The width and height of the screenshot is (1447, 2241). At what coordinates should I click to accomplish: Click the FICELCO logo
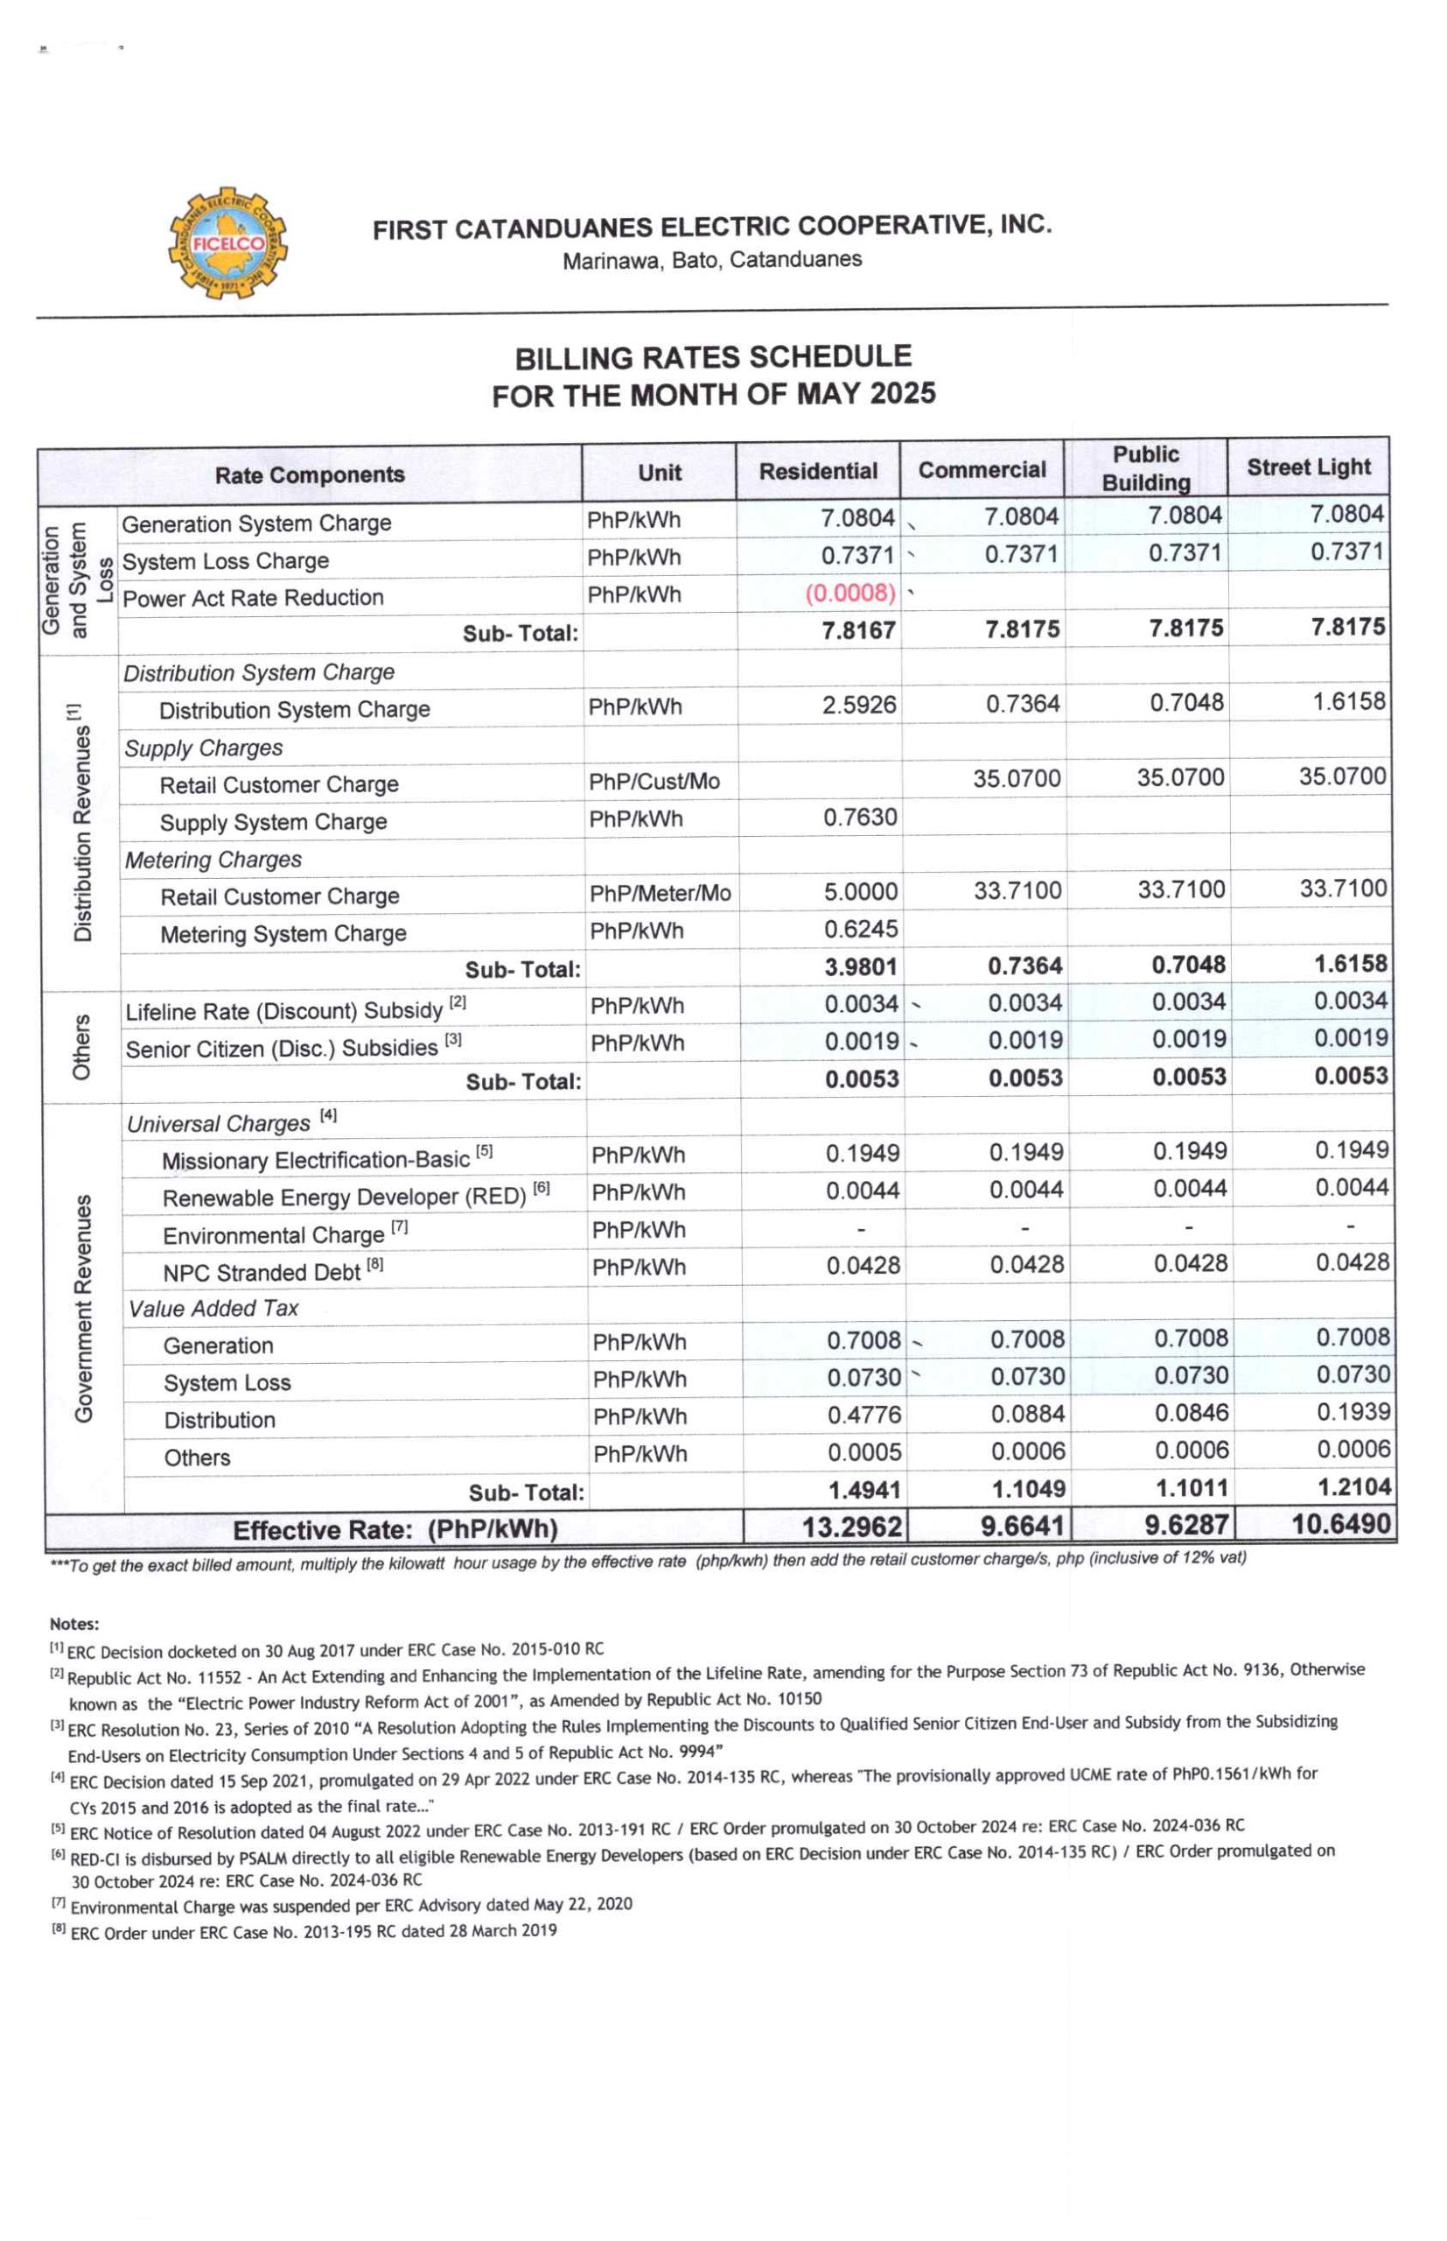tap(228, 243)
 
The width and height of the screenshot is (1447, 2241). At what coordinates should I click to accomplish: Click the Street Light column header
tap(1308, 467)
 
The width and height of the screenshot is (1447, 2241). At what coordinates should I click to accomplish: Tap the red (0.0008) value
tap(850, 594)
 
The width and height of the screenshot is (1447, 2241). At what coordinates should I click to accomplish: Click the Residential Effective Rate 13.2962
tap(851, 1527)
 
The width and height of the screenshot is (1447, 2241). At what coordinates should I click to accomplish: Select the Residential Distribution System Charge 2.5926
tap(859, 705)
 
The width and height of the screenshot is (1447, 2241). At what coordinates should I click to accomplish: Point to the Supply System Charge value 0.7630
tap(860, 817)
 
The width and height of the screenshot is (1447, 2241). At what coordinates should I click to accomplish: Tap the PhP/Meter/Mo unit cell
tap(660, 893)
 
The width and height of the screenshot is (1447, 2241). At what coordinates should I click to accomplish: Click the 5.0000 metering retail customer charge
tap(861, 891)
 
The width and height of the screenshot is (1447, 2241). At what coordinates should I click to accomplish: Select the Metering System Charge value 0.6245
tap(861, 929)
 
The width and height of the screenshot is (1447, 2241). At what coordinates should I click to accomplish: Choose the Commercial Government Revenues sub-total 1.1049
tap(1025, 1489)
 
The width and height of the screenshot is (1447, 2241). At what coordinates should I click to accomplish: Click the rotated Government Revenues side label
tap(84, 1308)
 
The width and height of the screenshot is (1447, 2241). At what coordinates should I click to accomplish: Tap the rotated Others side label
tap(81, 1046)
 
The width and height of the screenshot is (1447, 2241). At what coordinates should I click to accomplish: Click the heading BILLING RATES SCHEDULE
tap(712, 357)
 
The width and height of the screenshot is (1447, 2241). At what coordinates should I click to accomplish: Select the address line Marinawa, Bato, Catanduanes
tap(711, 260)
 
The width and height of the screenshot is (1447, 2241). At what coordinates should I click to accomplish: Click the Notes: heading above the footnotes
tap(74, 1623)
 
